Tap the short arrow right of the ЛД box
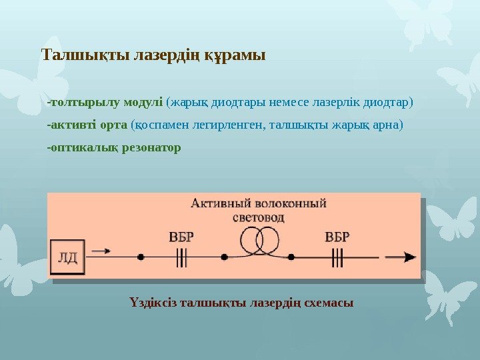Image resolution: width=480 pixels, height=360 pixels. (x=100, y=251)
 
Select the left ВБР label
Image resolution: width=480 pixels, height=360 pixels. (x=182, y=236)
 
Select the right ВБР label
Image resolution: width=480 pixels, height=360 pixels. (x=338, y=236)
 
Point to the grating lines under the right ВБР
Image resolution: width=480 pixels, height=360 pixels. (x=338, y=257)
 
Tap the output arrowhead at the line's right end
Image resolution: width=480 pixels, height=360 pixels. (x=411, y=257)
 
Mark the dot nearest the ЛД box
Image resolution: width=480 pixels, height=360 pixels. (x=141, y=257)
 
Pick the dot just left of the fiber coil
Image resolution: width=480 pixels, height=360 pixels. (x=225, y=257)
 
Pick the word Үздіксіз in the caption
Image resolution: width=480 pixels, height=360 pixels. (x=153, y=303)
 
